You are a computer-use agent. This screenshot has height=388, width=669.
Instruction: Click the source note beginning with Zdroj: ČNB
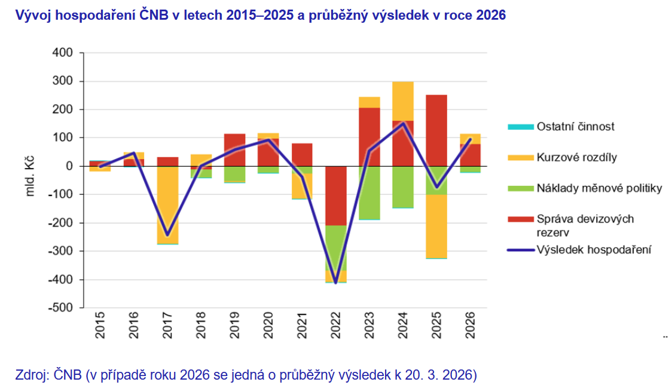click(246, 375)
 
